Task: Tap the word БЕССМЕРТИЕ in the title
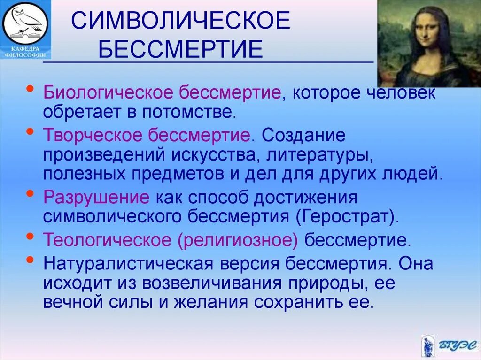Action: pos(180,49)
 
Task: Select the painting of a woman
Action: pos(429,43)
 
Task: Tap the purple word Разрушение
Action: pos(96,197)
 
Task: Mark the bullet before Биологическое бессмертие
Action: pos(31,88)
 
